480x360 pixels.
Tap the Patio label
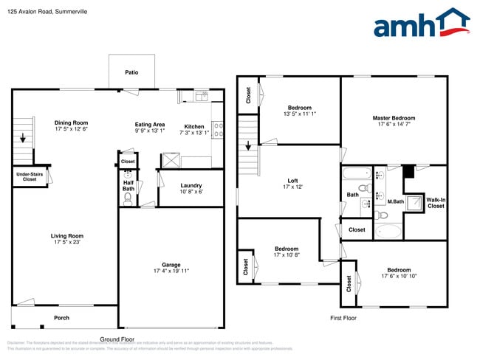131,72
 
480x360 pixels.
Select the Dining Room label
71,122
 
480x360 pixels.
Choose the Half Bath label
128,185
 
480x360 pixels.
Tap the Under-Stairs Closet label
29,176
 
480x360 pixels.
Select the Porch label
62,318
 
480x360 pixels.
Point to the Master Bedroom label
394,118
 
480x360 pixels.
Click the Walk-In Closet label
436,203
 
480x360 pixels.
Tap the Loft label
293,180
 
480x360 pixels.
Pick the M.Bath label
395,201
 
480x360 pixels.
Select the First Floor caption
343,317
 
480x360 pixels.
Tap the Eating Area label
149,125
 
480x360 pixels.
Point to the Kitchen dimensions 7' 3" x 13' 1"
194,133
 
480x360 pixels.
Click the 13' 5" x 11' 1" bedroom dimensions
299,114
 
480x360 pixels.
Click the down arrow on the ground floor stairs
23,137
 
